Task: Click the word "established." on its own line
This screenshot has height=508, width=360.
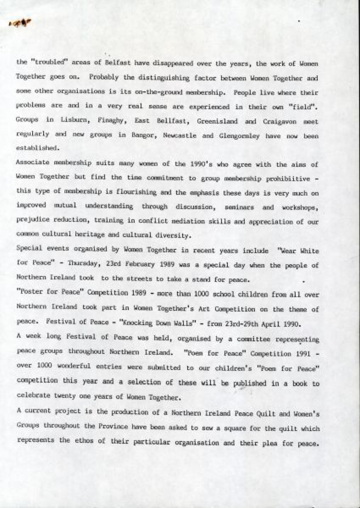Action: pyautogui.click(x=36, y=148)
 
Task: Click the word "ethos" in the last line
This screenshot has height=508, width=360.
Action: pyautogui.click(x=95, y=441)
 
